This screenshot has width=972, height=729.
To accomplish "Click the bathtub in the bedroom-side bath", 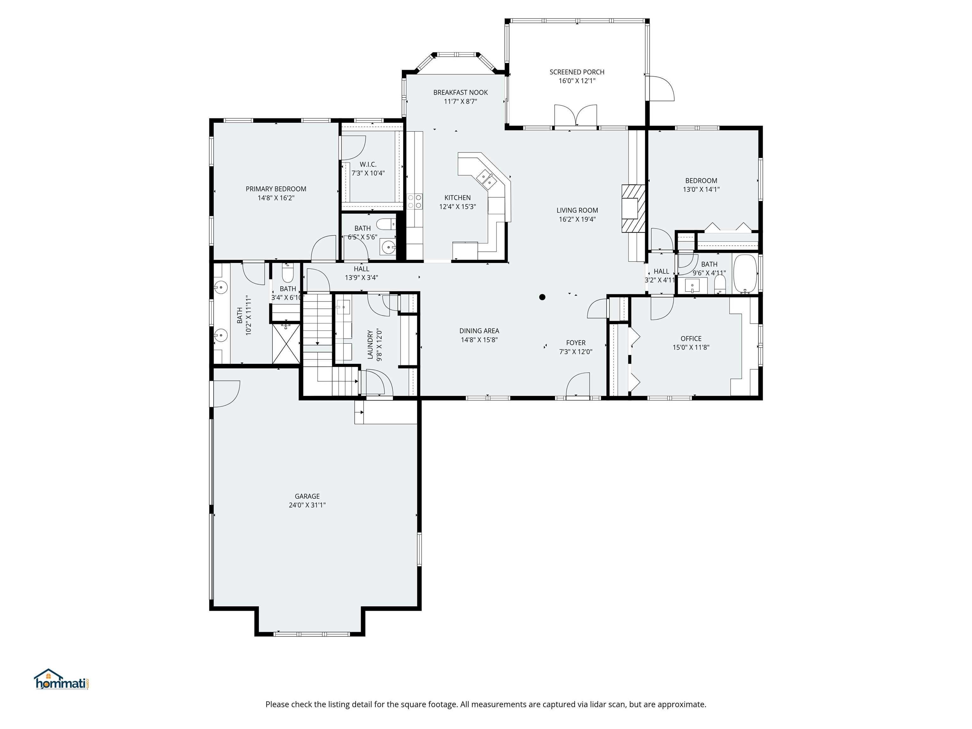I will click(x=745, y=274).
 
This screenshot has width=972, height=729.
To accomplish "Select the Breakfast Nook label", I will click(x=460, y=92).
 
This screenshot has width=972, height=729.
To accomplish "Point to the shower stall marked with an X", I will click(x=286, y=344).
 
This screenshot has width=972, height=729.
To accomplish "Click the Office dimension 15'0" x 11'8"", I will click(x=691, y=347).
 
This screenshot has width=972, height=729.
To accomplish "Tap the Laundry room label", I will click(x=370, y=345).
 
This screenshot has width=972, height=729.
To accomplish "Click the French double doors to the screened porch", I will click(x=575, y=116).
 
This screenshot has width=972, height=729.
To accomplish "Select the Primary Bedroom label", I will click(x=276, y=189).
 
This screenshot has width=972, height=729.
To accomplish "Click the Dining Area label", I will click(x=479, y=331).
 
